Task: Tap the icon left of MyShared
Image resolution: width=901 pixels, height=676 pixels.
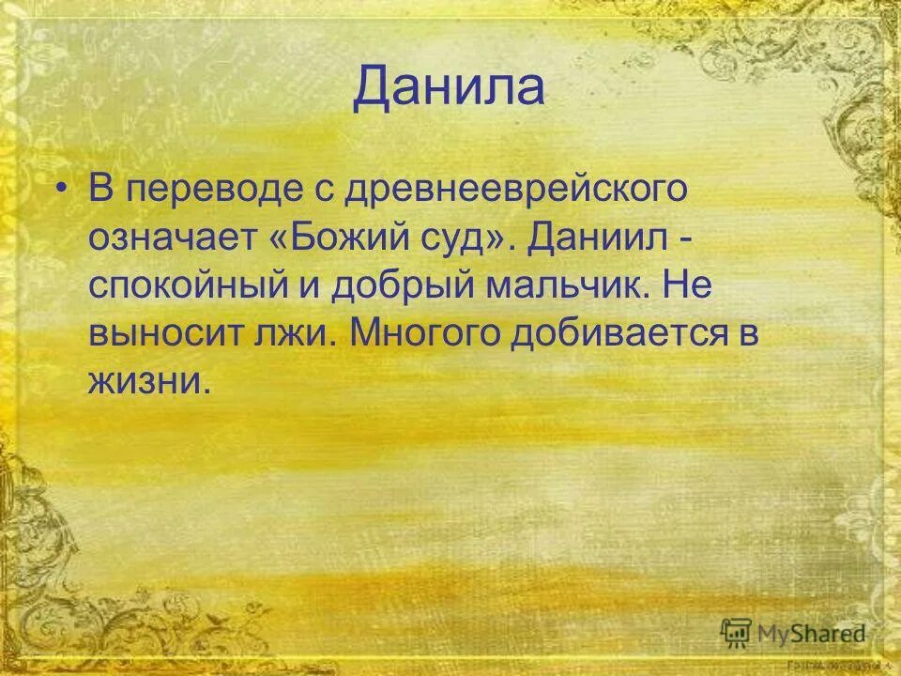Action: coord(736,633)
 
